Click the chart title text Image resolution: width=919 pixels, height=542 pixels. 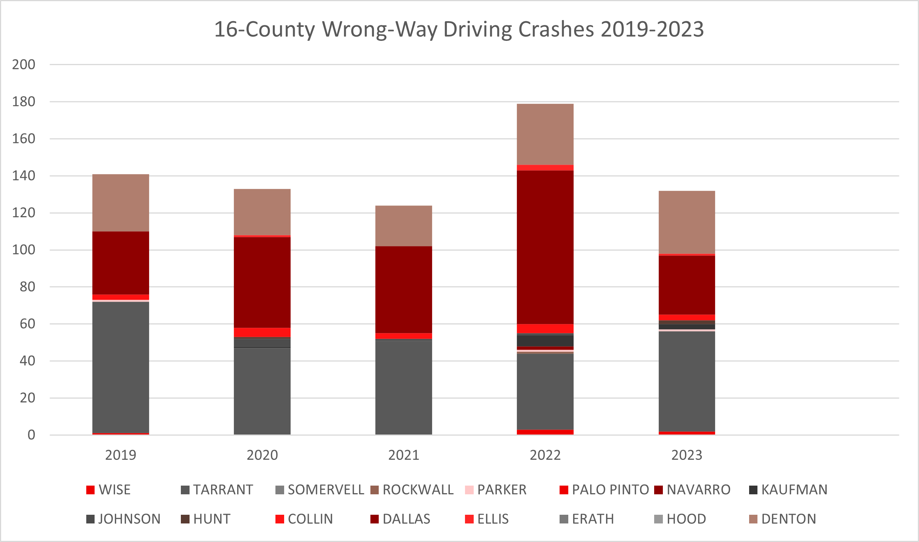pos(459,29)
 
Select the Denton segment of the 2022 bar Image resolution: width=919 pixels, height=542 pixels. pos(545,134)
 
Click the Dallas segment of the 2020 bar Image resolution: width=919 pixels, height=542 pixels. pos(262,282)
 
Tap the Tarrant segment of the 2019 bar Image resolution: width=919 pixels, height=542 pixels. pos(121,367)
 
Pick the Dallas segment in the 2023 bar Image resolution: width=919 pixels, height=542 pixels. pos(687,285)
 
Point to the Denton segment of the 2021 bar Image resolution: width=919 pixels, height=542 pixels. pos(403,226)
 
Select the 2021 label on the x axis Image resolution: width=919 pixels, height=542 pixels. pos(403,455)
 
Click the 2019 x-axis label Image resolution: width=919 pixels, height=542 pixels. pos(121,455)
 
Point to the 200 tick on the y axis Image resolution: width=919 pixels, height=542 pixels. pos(23,65)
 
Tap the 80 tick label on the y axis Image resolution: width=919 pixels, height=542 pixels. pos(27,287)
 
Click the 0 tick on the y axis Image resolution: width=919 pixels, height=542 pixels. pos(31,435)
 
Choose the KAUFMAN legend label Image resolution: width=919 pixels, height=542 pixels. pos(794,490)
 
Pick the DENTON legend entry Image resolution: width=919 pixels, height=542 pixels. pos(788,519)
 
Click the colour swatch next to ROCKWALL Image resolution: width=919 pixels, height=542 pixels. pos(375,490)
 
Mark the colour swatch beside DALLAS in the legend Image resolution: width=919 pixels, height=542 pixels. pos(375,519)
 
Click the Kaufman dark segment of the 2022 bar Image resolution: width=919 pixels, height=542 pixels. pos(545,341)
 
